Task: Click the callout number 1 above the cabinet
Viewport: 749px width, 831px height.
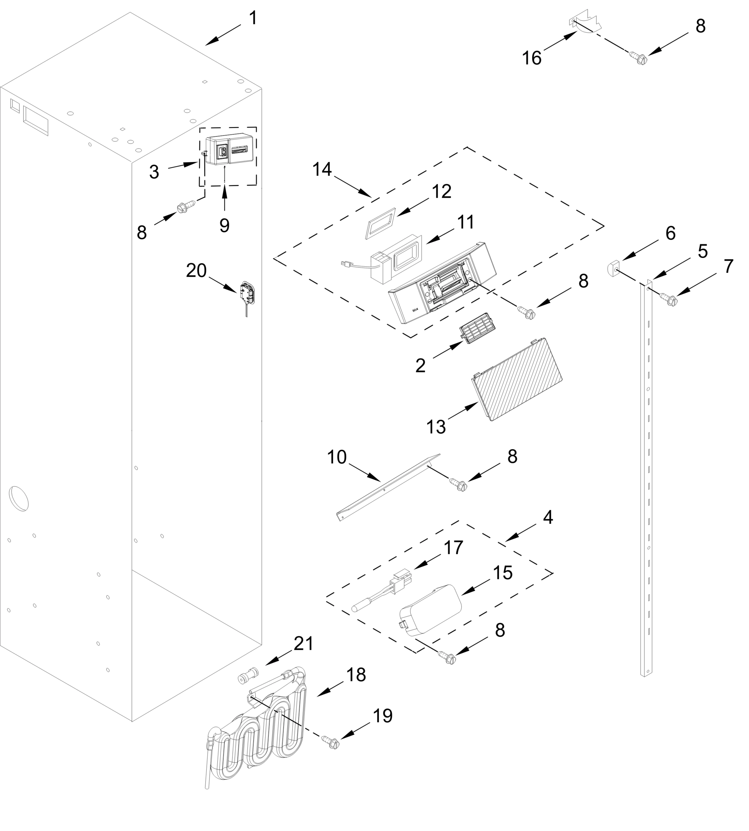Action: point(253,18)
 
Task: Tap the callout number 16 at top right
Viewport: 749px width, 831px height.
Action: point(531,58)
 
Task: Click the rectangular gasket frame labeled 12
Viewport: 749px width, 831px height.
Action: point(380,223)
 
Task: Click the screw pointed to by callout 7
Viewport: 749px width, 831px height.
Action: point(669,301)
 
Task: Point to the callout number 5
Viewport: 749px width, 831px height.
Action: point(703,251)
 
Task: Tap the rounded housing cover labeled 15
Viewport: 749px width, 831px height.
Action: point(430,611)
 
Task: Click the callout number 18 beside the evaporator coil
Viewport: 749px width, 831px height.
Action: point(356,675)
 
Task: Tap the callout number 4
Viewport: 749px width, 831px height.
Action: point(548,517)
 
